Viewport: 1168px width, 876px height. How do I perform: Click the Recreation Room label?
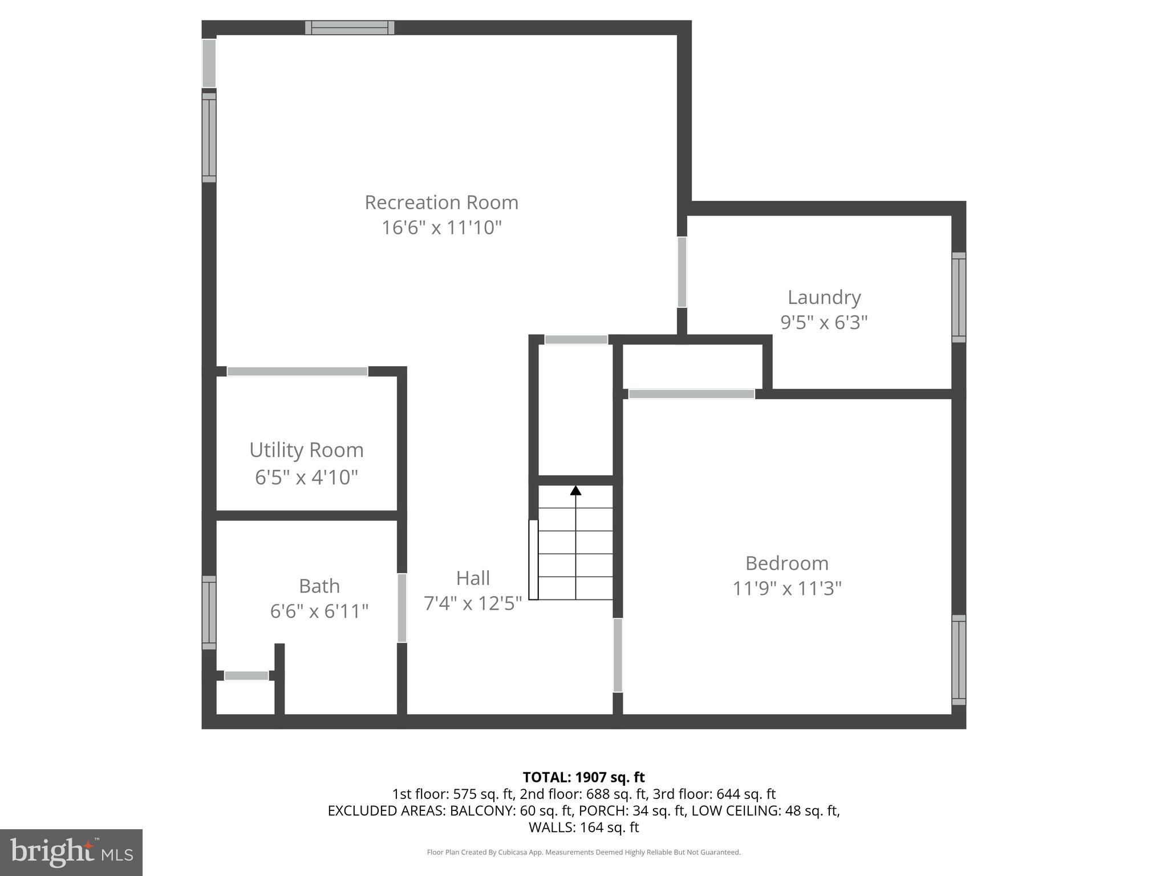441,202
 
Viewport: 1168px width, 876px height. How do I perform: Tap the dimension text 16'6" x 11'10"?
441,228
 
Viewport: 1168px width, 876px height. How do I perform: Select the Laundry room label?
824,297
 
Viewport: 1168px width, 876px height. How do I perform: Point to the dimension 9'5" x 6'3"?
824,323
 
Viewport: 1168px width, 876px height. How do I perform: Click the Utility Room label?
306,450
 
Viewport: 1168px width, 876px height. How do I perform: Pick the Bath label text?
319,586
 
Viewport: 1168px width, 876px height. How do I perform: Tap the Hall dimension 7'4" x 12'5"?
472,603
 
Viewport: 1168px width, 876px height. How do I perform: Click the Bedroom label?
786,563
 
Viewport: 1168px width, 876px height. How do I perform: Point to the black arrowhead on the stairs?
575,490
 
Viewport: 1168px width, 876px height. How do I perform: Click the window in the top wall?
349,27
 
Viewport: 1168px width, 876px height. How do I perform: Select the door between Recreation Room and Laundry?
682,272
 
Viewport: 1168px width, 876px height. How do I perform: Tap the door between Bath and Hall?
401,607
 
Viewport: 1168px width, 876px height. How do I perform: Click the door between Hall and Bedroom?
617,655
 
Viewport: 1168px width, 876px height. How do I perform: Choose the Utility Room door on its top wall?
297,371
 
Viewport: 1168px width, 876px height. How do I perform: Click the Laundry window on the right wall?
958,297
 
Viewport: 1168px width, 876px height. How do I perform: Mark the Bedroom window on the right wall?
958,659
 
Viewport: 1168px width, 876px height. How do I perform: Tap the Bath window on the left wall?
209,612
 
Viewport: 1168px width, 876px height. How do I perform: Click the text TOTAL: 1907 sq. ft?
583,777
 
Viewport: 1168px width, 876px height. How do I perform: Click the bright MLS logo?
71,852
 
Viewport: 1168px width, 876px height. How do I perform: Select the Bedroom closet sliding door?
691,394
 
